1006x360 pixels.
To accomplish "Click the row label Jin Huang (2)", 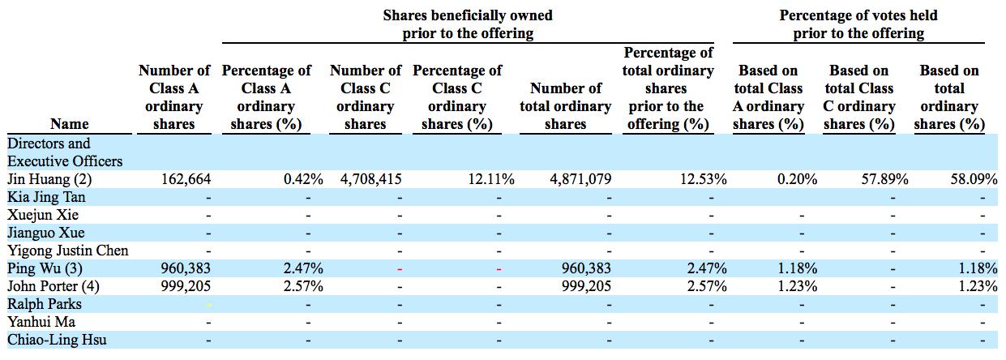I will [x=49, y=179].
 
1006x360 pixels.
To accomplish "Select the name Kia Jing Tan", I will [x=45, y=197].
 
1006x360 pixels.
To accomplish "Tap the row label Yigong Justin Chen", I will [x=67, y=251].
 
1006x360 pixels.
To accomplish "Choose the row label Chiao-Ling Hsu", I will [x=57, y=340].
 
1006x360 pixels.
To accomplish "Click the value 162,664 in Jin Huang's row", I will [x=187, y=179].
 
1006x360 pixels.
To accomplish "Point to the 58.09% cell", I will [x=973, y=179].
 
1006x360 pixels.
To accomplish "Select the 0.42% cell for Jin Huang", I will [x=304, y=179].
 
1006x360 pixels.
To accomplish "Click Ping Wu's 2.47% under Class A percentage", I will [x=304, y=268].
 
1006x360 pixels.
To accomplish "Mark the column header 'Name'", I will [x=69, y=124].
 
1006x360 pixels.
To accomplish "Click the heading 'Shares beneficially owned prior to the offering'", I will [x=468, y=24].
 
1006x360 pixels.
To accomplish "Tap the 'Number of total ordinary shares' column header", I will [x=565, y=106].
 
